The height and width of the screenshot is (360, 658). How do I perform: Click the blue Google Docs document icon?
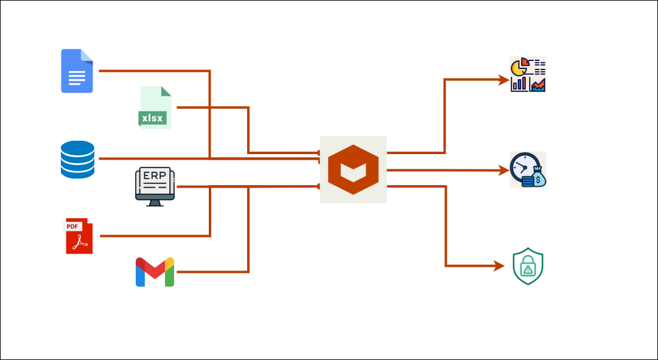(x=77, y=71)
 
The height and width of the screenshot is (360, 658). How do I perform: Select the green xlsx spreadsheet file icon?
(x=155, y=107)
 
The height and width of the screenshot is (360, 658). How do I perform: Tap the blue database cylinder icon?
(x=77, y=159)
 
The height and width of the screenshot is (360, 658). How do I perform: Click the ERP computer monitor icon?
(x=155, y=186)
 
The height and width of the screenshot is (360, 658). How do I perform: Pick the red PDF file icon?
(x=79, y=236)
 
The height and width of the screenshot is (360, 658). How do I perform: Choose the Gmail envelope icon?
(x=155, y=272)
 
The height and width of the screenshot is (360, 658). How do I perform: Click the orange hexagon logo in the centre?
(x=353, y=169)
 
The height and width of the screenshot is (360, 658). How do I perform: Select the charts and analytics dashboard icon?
(x=528, y=74)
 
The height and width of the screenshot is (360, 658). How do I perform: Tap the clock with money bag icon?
(x=528, y=169)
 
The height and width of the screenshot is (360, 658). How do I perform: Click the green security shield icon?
(x=528, y=266)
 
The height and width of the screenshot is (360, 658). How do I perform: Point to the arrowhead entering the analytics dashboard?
(x=504, y=79)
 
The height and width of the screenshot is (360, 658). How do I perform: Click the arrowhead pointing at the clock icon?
(x=504, y=171)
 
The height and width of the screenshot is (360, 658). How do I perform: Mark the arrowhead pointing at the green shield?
(x=500, y=266)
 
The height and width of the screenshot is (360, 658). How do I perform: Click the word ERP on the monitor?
(x=155, y=175)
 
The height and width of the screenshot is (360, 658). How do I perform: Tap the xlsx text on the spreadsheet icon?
(x=152, y=118)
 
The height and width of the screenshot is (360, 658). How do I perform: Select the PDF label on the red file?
(x=72, y=227)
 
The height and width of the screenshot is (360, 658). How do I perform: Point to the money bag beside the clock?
(x=538, y=178)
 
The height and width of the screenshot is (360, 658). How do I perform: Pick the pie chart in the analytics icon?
(x=519, y=67)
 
